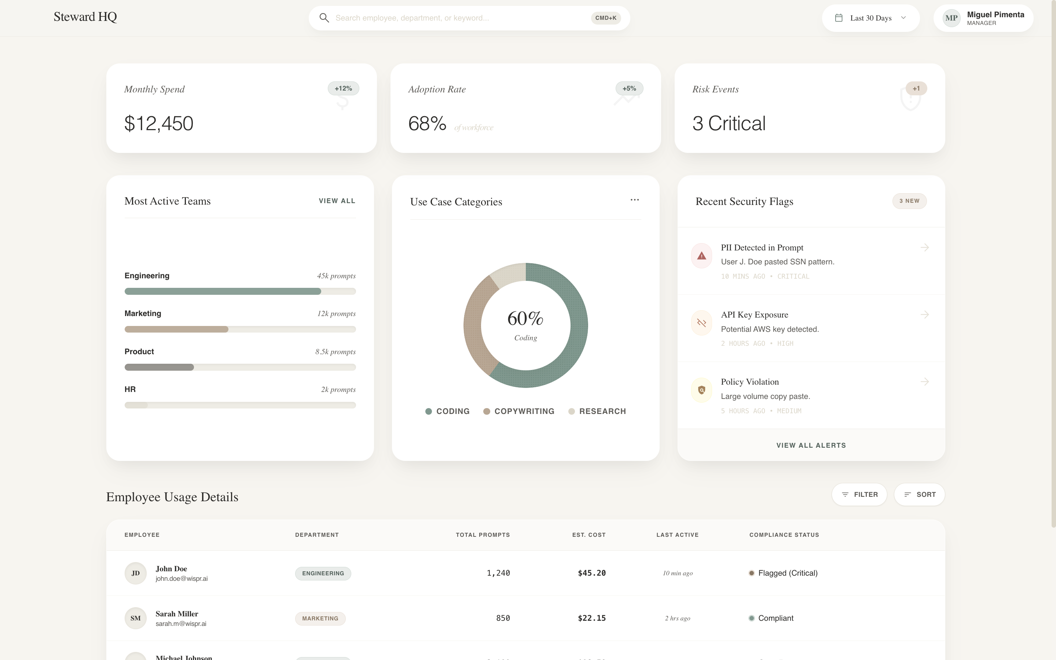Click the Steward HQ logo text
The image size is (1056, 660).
85,17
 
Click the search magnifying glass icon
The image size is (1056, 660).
324,18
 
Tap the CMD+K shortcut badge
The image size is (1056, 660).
606,18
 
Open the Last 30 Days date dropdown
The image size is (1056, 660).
870,18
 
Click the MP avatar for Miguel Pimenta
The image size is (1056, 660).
951,18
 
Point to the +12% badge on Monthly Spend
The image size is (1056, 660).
344,89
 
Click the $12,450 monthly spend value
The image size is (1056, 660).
159,124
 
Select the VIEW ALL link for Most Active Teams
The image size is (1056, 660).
337,201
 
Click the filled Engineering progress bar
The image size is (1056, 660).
223,291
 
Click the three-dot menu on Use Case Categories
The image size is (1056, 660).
634,200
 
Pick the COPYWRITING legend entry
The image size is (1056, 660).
519,411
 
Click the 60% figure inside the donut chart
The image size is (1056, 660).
525,319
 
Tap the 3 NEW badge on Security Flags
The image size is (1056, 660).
909,201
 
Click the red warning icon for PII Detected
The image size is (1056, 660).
701,256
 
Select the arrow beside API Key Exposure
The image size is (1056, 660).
924,315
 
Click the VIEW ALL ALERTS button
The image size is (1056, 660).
811,445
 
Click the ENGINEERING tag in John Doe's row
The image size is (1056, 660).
323,573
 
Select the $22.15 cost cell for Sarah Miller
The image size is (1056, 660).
591,618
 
